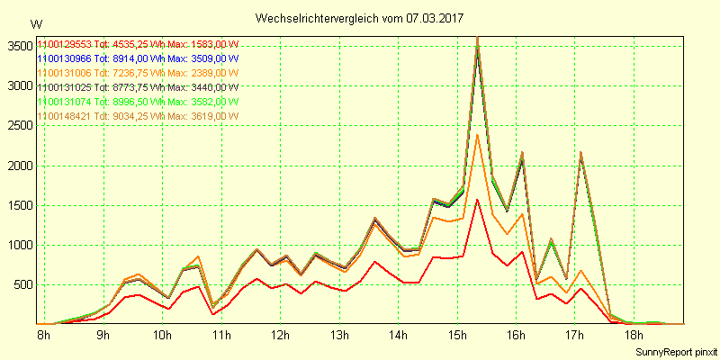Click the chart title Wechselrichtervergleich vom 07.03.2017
[x=361, y=18]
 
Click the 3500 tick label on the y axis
[x=17, y=47]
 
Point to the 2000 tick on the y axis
[x=17, y=166]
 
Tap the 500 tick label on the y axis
[x=21, y=285]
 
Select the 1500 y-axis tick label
[x=17, y=206]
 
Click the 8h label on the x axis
[x=43, y=336]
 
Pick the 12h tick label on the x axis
[x=280, y=336]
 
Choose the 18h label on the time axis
[x=634, y=336]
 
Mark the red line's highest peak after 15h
[x=477, y=199]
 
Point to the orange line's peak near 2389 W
[x=477, y=135]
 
